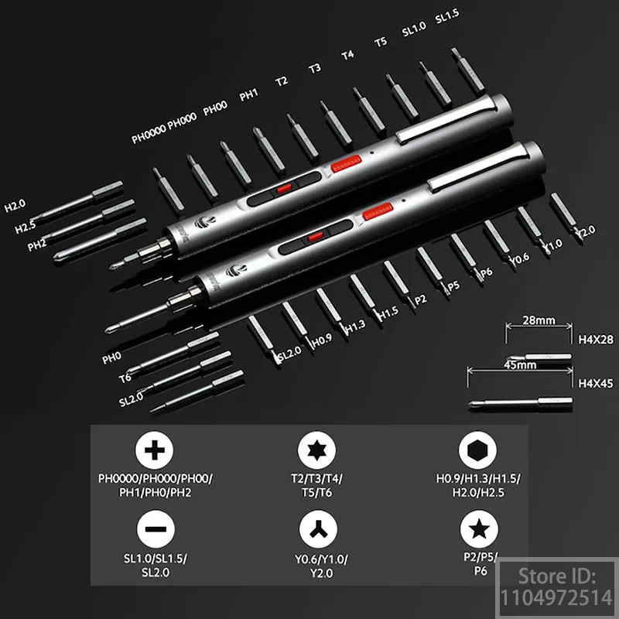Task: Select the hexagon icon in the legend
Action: click(x=478, y=451)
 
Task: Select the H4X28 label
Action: click(x=595, y=339)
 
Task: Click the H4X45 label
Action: click(x=595, y=382)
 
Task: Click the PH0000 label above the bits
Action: click(x=149, y=138)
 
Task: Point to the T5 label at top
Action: click(x=380, y=42)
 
